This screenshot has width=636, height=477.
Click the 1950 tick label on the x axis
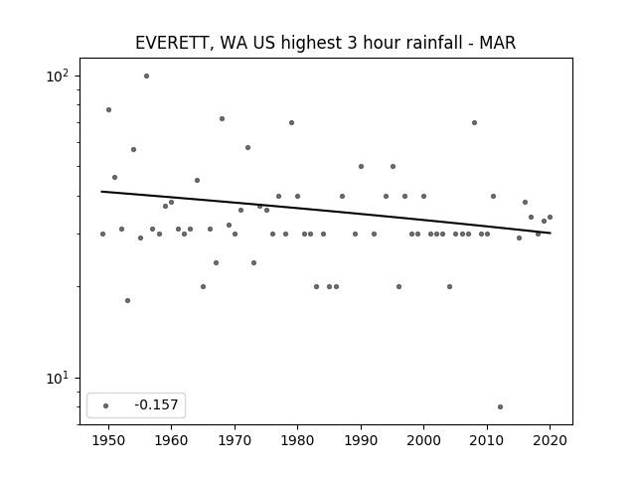coord(108,440)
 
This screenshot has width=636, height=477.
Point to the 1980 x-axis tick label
coord(297,440)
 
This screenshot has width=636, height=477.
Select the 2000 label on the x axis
coord(424,440)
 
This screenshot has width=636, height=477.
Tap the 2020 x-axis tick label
coord(550,440)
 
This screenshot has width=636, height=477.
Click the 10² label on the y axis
coord(58,76)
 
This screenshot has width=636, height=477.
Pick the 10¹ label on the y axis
coord(58,378)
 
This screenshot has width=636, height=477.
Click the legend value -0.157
coord(156,404)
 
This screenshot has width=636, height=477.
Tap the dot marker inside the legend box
coord(106,405)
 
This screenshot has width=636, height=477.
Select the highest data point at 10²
coord(146,77)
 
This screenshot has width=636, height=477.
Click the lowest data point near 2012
coord(500,406)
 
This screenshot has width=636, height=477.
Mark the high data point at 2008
coord(475,123)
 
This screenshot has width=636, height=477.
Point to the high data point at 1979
coord(291,123)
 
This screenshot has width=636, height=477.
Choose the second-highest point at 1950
coord(108,110)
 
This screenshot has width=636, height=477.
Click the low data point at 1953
coord(128,300)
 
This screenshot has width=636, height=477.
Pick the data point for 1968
coord(222,119)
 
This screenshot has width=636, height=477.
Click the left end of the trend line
coord(101,192)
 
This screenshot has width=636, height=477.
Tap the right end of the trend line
coord(551,233)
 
